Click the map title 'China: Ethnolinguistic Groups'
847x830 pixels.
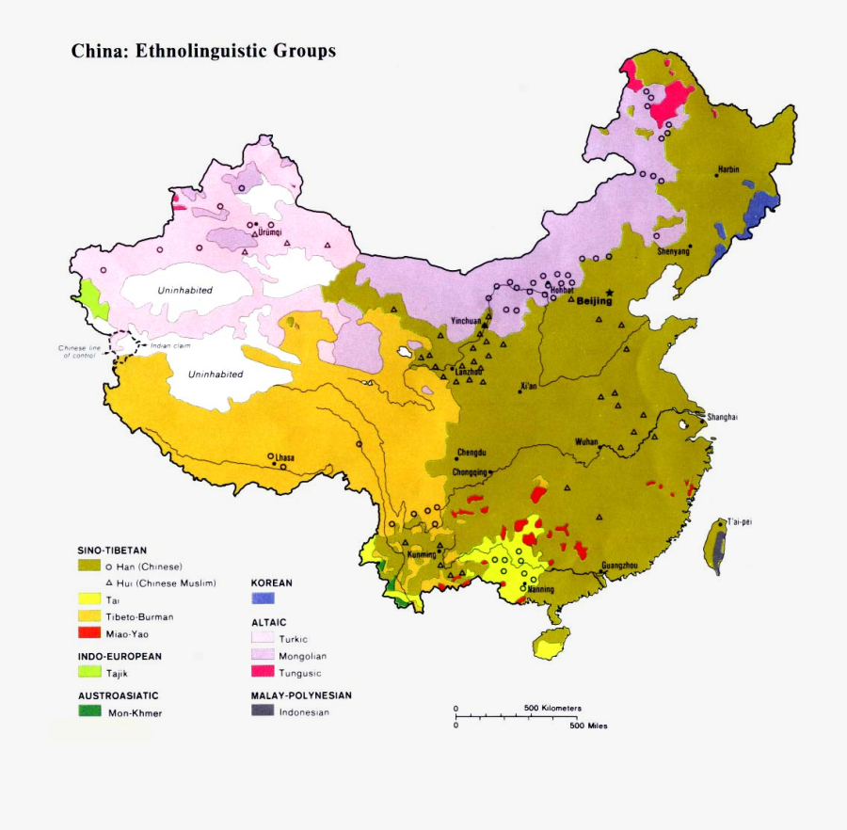pos(203,51)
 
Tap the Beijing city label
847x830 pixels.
pos(594,302)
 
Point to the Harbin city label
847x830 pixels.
pos(728,169)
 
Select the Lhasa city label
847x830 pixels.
pos(284,458)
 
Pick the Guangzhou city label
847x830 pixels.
pos(619,565)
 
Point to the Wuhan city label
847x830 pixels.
pos(586,441)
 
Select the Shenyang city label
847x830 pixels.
pos(673,251)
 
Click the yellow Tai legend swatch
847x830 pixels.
pos(88,599)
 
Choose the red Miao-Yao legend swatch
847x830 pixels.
pos(88,633)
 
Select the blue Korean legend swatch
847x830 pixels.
pos(263,599)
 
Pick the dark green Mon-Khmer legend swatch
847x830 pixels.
pos(88,711)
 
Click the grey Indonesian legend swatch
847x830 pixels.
pos(263,711)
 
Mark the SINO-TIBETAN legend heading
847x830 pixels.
pos(112,550)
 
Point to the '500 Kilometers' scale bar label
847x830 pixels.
pos(552,707)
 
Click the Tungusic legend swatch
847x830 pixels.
pos(263,672)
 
